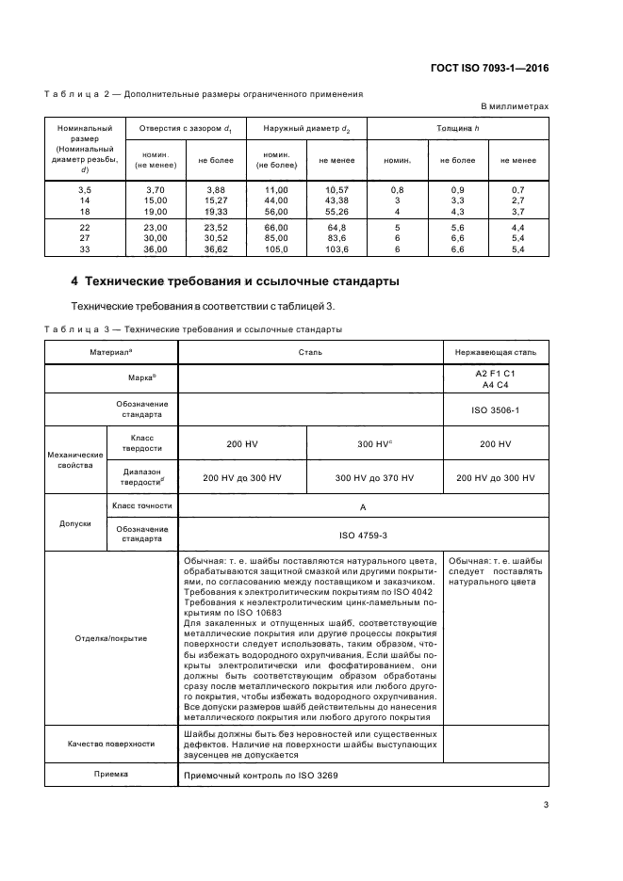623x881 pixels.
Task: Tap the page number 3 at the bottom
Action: (x=546, y=804)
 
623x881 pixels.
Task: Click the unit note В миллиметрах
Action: (x=515, y=107)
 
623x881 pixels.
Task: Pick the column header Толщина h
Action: (x=457, y=127)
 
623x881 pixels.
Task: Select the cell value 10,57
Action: (x=336, y=190)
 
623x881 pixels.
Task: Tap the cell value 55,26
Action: (x=336, y=213)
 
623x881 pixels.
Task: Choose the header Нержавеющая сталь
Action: (x=495, y=352)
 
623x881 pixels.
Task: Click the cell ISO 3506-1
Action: (x=495, y=410)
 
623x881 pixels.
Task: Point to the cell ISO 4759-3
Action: (x=362, y=535)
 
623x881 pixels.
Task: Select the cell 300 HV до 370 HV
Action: (x=374, y=478)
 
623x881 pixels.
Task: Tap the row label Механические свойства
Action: (x=75, y=459)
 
